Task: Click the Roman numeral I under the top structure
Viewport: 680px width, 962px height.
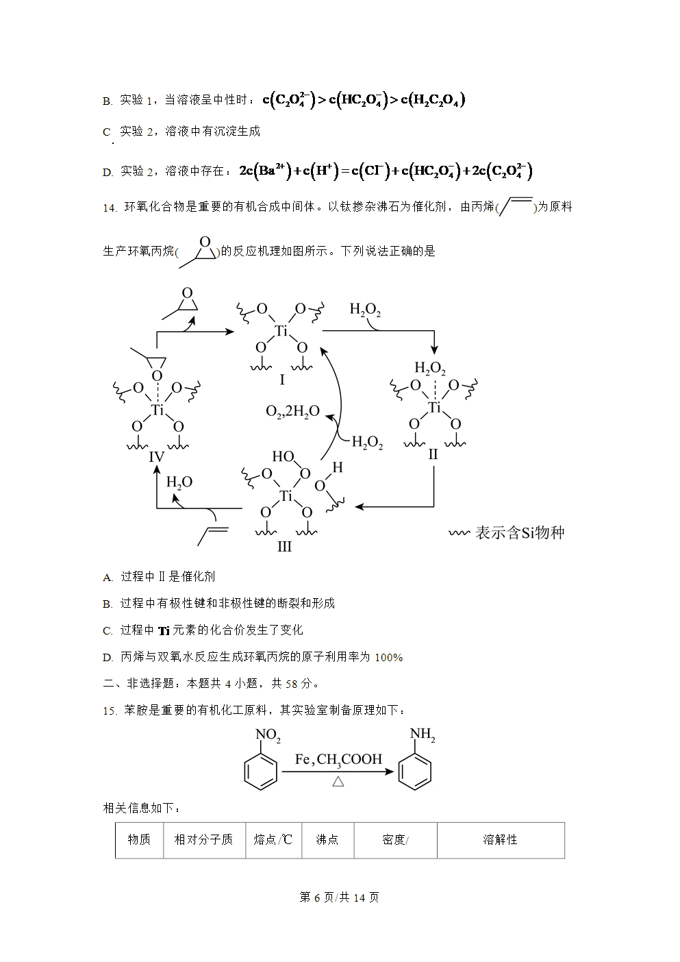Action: [x=282, y=380]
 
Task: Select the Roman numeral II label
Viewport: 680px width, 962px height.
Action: [x=433, y=454]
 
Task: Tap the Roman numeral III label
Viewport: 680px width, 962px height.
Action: [x=284, y=547]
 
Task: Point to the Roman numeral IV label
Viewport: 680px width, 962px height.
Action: [x=157, y=456]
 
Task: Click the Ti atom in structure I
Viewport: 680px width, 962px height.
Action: [x=281, y=331]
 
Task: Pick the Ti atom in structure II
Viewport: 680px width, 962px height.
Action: [x=435, y=407]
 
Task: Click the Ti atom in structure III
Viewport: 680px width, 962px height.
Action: [x=286, y=496]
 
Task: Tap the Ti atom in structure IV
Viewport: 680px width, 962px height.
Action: [x=158, y=410]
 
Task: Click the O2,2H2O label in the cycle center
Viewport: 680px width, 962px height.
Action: [x=293, y=411]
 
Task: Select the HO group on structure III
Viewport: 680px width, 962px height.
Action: [x=283, y=456]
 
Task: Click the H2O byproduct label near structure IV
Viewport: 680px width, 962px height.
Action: [x=179, y=483]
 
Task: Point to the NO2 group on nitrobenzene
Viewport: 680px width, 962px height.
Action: [x=268, y=735]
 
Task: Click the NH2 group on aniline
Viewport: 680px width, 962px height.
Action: [x=423, y=734]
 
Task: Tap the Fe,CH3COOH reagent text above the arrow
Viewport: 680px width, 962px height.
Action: [x=338, y=760]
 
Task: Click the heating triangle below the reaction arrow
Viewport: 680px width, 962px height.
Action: [x=338, y=781]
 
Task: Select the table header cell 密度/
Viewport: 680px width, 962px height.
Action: [x=395, y=839]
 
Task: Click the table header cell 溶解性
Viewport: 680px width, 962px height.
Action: [x=500, y=839]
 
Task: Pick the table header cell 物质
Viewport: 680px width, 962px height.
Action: [x=139, y=839]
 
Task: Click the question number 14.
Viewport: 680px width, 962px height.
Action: [x=110, y=208]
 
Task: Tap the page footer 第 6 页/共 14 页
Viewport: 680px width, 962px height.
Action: [x=339, y=897]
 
